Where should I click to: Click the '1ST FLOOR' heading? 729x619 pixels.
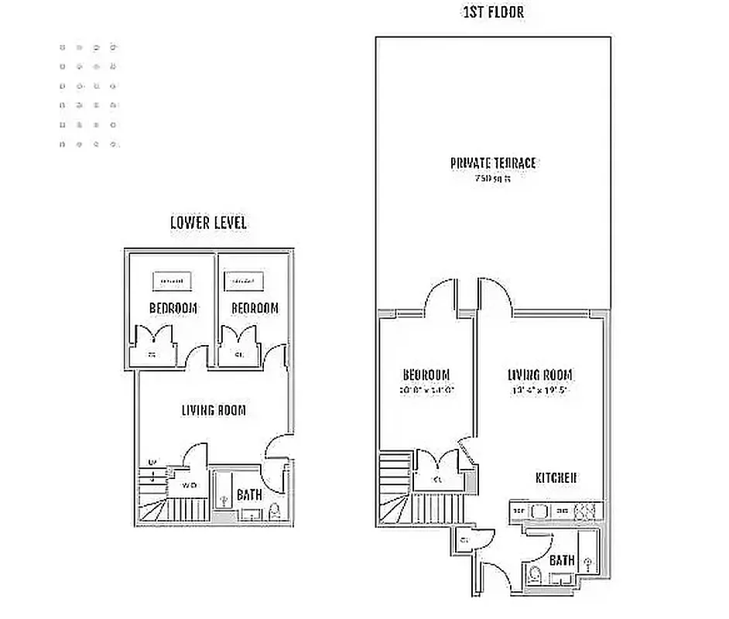(493, 13)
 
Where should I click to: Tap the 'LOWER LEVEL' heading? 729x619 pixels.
(208, 223)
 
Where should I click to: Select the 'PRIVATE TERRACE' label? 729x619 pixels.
(493, 163)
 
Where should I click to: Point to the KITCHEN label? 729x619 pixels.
(556, 478)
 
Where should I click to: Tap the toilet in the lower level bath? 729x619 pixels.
(274, 511)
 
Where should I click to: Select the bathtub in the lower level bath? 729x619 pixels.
(223, 491)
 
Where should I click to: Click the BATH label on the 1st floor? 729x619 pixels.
(561, 559)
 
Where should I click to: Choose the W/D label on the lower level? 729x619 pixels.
(188, 485)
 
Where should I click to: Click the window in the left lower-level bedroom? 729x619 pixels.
(171, 280)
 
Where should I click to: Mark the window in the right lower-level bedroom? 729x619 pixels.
(243, 279)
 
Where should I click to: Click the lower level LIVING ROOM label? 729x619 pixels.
(214, 410)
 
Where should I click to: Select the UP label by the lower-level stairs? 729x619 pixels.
(152, 463)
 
